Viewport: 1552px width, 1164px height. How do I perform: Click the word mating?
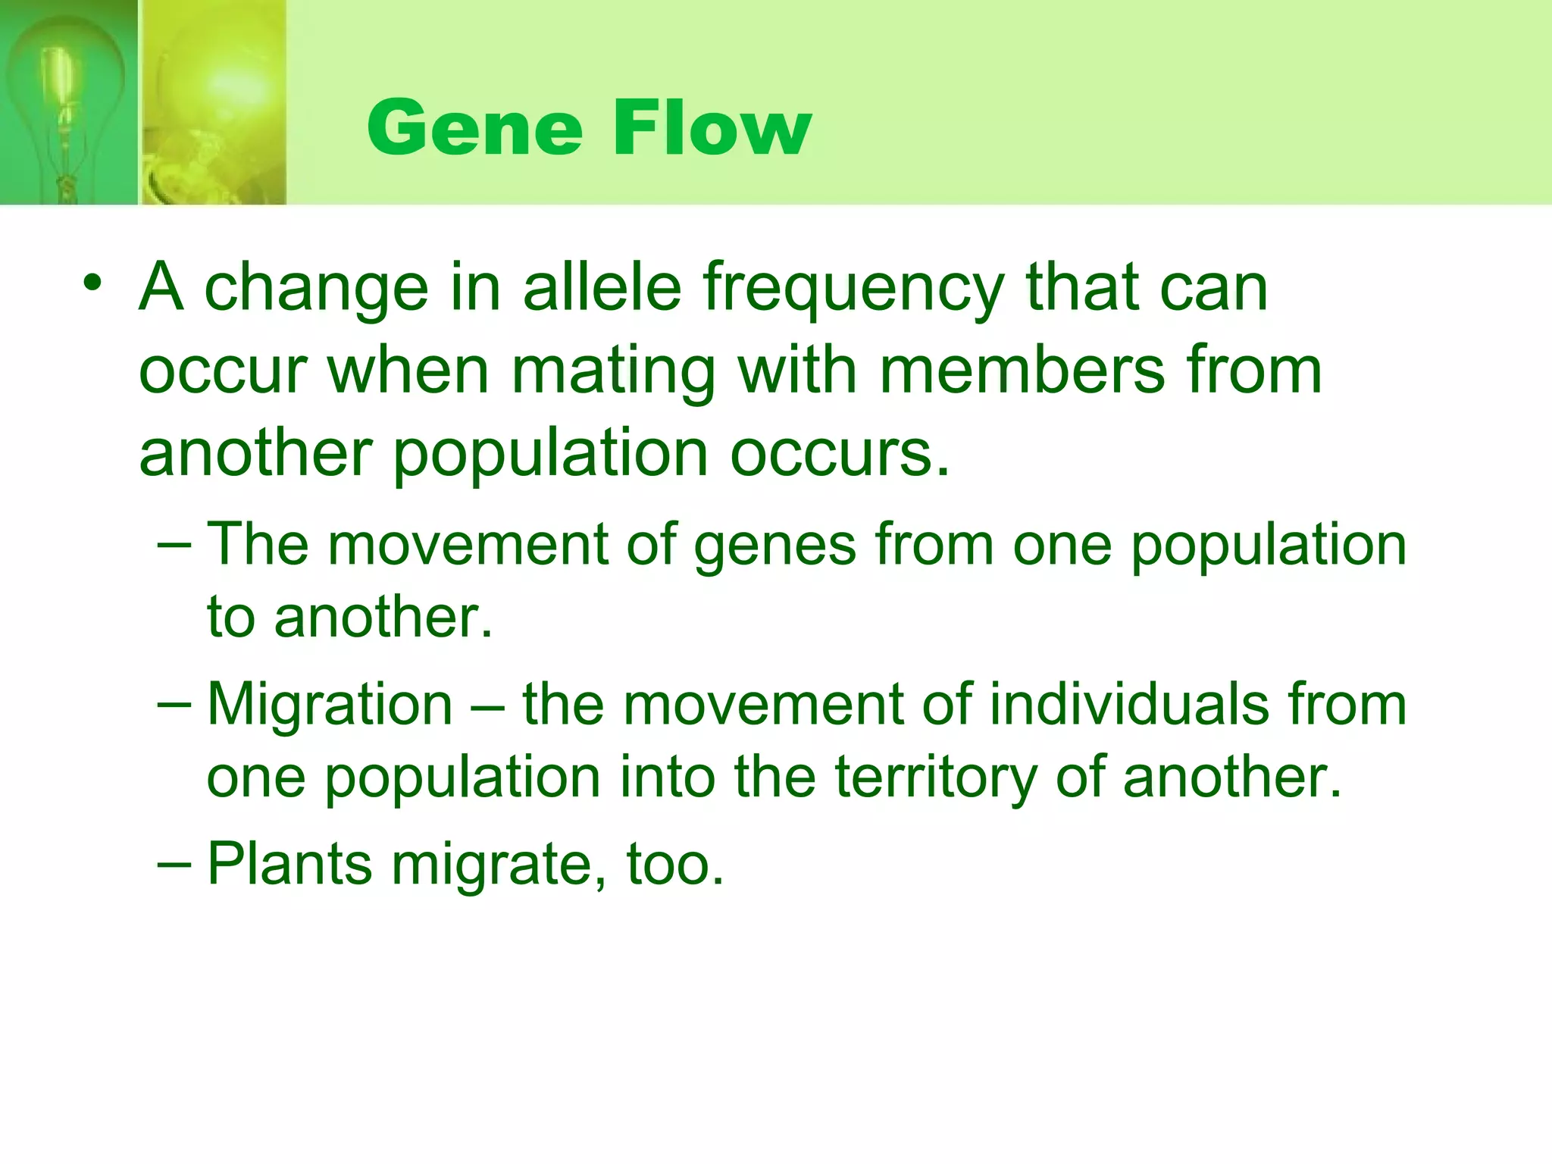tap(613, 374)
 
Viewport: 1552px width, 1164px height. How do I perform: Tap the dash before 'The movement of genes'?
tap(175, 546)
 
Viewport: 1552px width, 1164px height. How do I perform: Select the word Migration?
tap(330, 705)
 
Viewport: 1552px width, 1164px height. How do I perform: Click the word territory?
tap(935, 779)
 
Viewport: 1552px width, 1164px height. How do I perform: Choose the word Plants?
tap(289, 864)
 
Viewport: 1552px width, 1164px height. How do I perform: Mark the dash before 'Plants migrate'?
tap(175, 865)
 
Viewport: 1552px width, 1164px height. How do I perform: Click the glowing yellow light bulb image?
tap(216, 102)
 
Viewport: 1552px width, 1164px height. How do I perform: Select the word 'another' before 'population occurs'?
tap(255, 455)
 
